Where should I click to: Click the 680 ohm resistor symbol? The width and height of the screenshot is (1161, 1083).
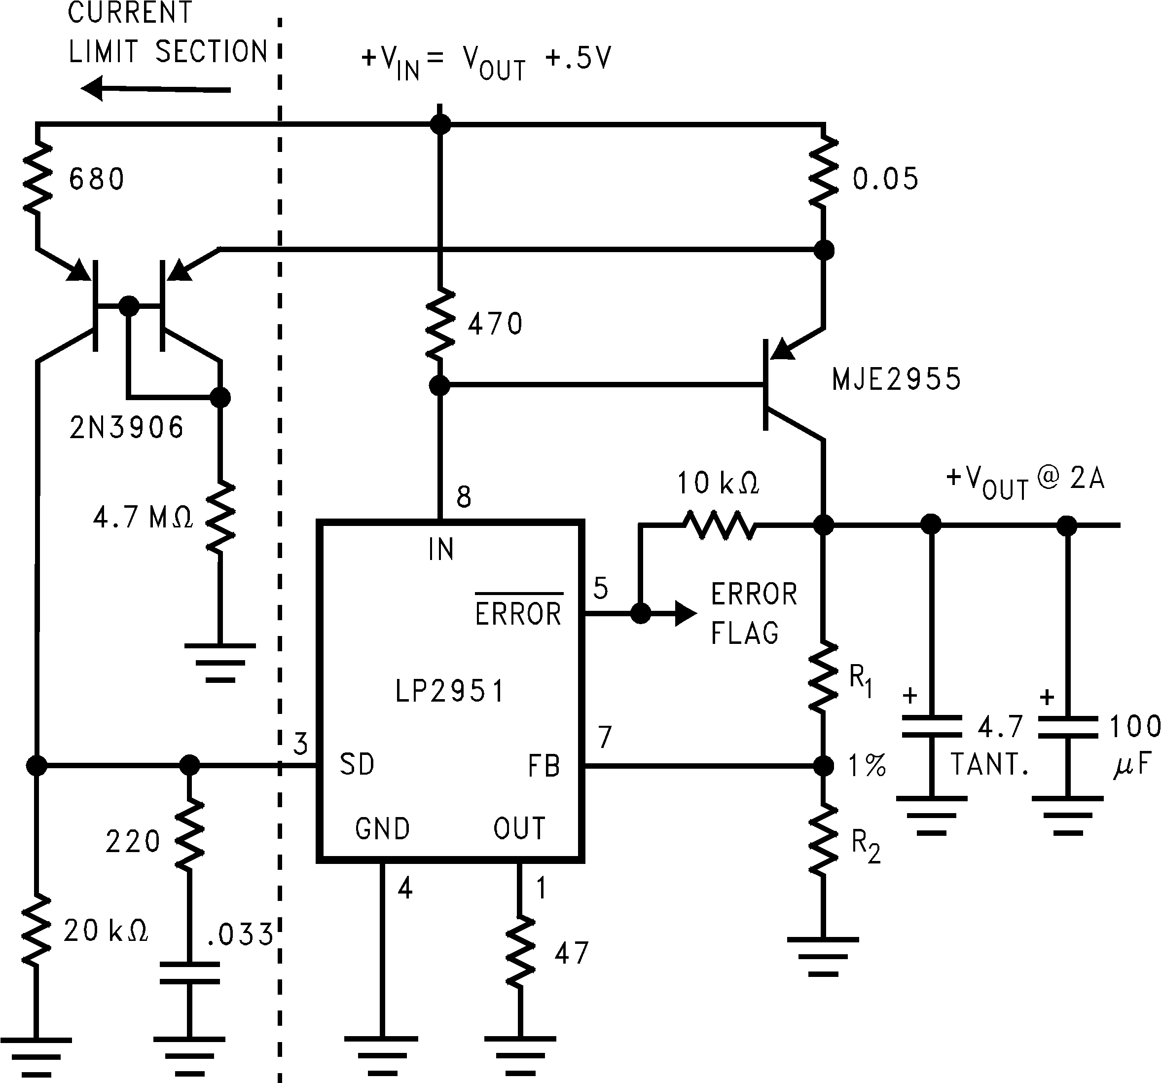coord(37,178)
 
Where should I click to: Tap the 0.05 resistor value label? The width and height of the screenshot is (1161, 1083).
coord(885,179)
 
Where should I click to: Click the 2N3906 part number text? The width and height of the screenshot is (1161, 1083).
coord(126,428)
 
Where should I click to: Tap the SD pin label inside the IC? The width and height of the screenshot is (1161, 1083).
coord(357,764)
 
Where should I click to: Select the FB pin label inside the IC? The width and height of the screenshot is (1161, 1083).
coord(544,766)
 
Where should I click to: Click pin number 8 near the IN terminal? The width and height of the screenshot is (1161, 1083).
coord(464,497)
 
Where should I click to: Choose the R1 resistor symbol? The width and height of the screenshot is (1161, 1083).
coord(824,677)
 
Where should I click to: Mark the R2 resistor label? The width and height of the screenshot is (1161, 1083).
coord(866,845)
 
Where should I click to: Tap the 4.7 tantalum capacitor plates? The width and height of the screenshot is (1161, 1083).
coord(932,726)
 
